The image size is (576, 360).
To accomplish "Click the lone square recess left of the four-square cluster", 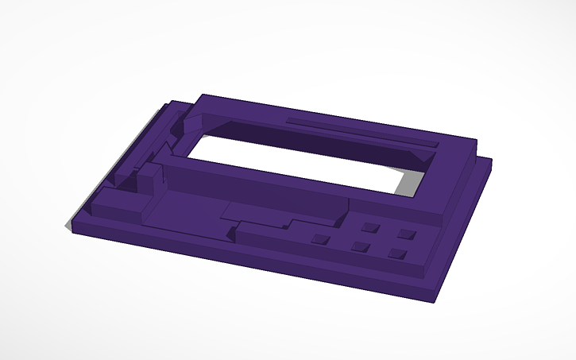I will pyautogui.click(x=321, y=238).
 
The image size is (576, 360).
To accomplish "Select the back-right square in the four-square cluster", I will pyautogui.click(x=408, y=234).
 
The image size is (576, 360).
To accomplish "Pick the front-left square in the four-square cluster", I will pyautogui.click(x=359, y=247).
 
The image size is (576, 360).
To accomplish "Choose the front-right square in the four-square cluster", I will pyautogui.click(x=397, y=254).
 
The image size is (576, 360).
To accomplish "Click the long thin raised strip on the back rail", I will pyautogui.click(x=361, y=133).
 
